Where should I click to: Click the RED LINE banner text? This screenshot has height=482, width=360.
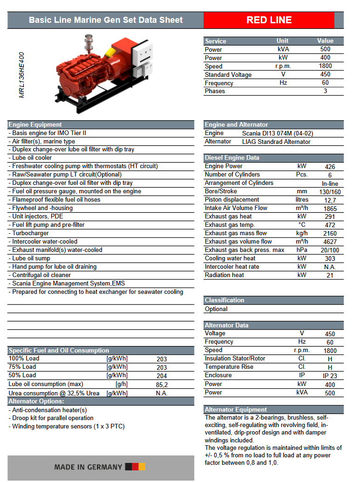click(269, 20)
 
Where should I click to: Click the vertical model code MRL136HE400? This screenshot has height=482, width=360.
click(22, 75)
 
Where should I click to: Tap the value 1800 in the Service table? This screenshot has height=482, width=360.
click(325, 66)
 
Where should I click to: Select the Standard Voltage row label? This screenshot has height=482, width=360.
click(228, 75)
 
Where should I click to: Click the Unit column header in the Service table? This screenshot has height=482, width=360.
click(282, 41)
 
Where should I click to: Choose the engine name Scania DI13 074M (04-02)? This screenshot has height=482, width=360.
click(278, 133)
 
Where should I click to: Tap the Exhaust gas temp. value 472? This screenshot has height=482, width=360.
click(330, 225)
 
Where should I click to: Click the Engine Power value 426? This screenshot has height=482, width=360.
click(330, 167)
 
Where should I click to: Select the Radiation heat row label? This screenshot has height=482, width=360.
click(224, 275)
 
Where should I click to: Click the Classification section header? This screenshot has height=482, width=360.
click(224, 300)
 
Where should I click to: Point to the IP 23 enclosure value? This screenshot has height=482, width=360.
click(330, 376)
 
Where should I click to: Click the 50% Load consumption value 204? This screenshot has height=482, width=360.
click(162, 376)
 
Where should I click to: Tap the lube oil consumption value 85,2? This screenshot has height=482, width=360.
click(162, 385)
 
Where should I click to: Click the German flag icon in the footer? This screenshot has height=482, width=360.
click(138, 467)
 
